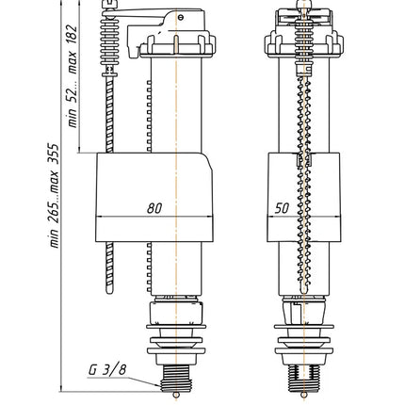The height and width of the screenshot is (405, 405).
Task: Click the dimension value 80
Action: tap(154, 208)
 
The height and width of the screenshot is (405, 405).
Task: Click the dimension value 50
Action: tap(282, 208)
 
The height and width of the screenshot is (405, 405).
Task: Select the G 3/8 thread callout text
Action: tap(107, 370)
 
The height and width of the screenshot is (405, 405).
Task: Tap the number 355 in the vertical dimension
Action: tap(53, 154)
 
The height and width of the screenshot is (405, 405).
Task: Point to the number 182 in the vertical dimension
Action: tap(72, 35)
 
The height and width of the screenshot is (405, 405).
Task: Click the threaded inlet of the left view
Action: tap(176, 379)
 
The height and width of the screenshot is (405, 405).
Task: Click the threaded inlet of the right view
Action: tap(303, 379)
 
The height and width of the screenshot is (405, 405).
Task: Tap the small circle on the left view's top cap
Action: tap(180, 17)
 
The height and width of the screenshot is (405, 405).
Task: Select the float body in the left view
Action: tap(154, 197)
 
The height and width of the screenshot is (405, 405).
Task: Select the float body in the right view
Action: tap(303, 197)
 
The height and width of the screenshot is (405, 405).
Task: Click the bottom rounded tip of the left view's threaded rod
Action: tap(109, 291)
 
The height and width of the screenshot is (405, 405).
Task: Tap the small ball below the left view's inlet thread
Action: tap(176, 395)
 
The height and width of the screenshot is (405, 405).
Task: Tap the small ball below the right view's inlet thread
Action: tap(303, 395)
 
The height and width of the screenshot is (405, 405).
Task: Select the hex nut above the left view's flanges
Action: tap(177, 314)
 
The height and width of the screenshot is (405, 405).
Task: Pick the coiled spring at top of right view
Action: tap(303, 40)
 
